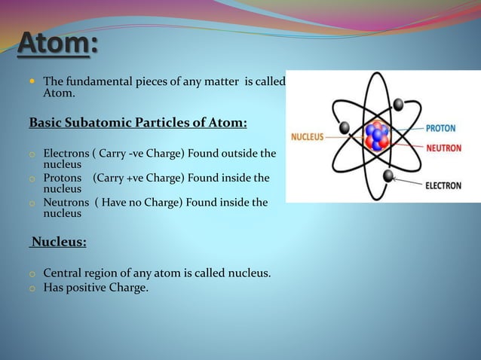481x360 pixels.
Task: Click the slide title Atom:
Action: tap(58, 44)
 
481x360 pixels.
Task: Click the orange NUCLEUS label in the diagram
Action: tap(307, 136)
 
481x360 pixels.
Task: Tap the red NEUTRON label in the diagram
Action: tap(443, 148)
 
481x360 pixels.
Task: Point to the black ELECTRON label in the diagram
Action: tap(443, 185)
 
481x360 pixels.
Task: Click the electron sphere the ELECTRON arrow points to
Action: tap(389, 176)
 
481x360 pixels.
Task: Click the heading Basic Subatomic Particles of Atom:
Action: tap(138, 122)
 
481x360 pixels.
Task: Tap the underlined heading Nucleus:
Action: tap(58, 243)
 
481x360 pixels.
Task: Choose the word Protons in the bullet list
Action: tap(62, 178)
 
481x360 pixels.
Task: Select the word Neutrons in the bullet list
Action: tap(66, 203)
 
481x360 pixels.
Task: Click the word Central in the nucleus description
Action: tap(63, 273)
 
